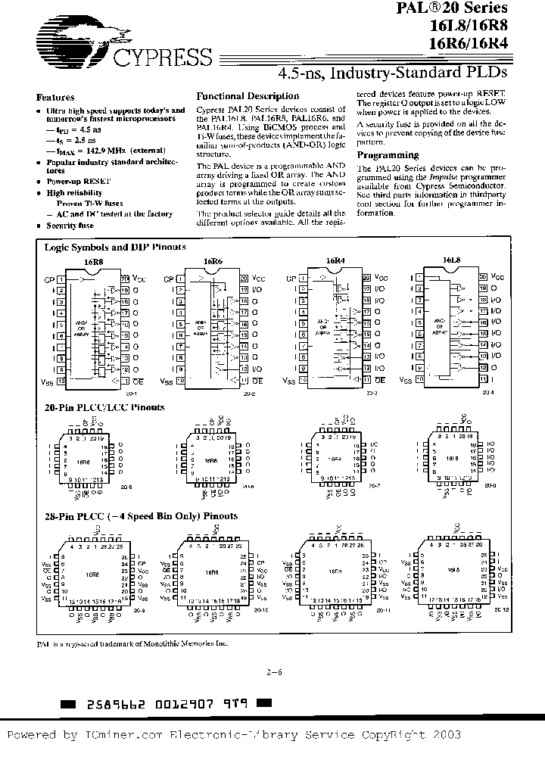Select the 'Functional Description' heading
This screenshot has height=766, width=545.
248,97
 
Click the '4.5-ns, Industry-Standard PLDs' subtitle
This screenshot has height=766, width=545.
392,74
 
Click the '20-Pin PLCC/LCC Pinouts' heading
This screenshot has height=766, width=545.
104,407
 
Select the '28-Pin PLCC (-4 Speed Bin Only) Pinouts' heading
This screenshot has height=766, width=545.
141,516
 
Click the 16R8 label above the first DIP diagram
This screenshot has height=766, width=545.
92,261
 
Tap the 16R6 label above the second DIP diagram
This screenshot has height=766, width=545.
213,261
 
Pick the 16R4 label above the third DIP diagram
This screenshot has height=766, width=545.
335,261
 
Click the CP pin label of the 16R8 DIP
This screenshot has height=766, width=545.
50,279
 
